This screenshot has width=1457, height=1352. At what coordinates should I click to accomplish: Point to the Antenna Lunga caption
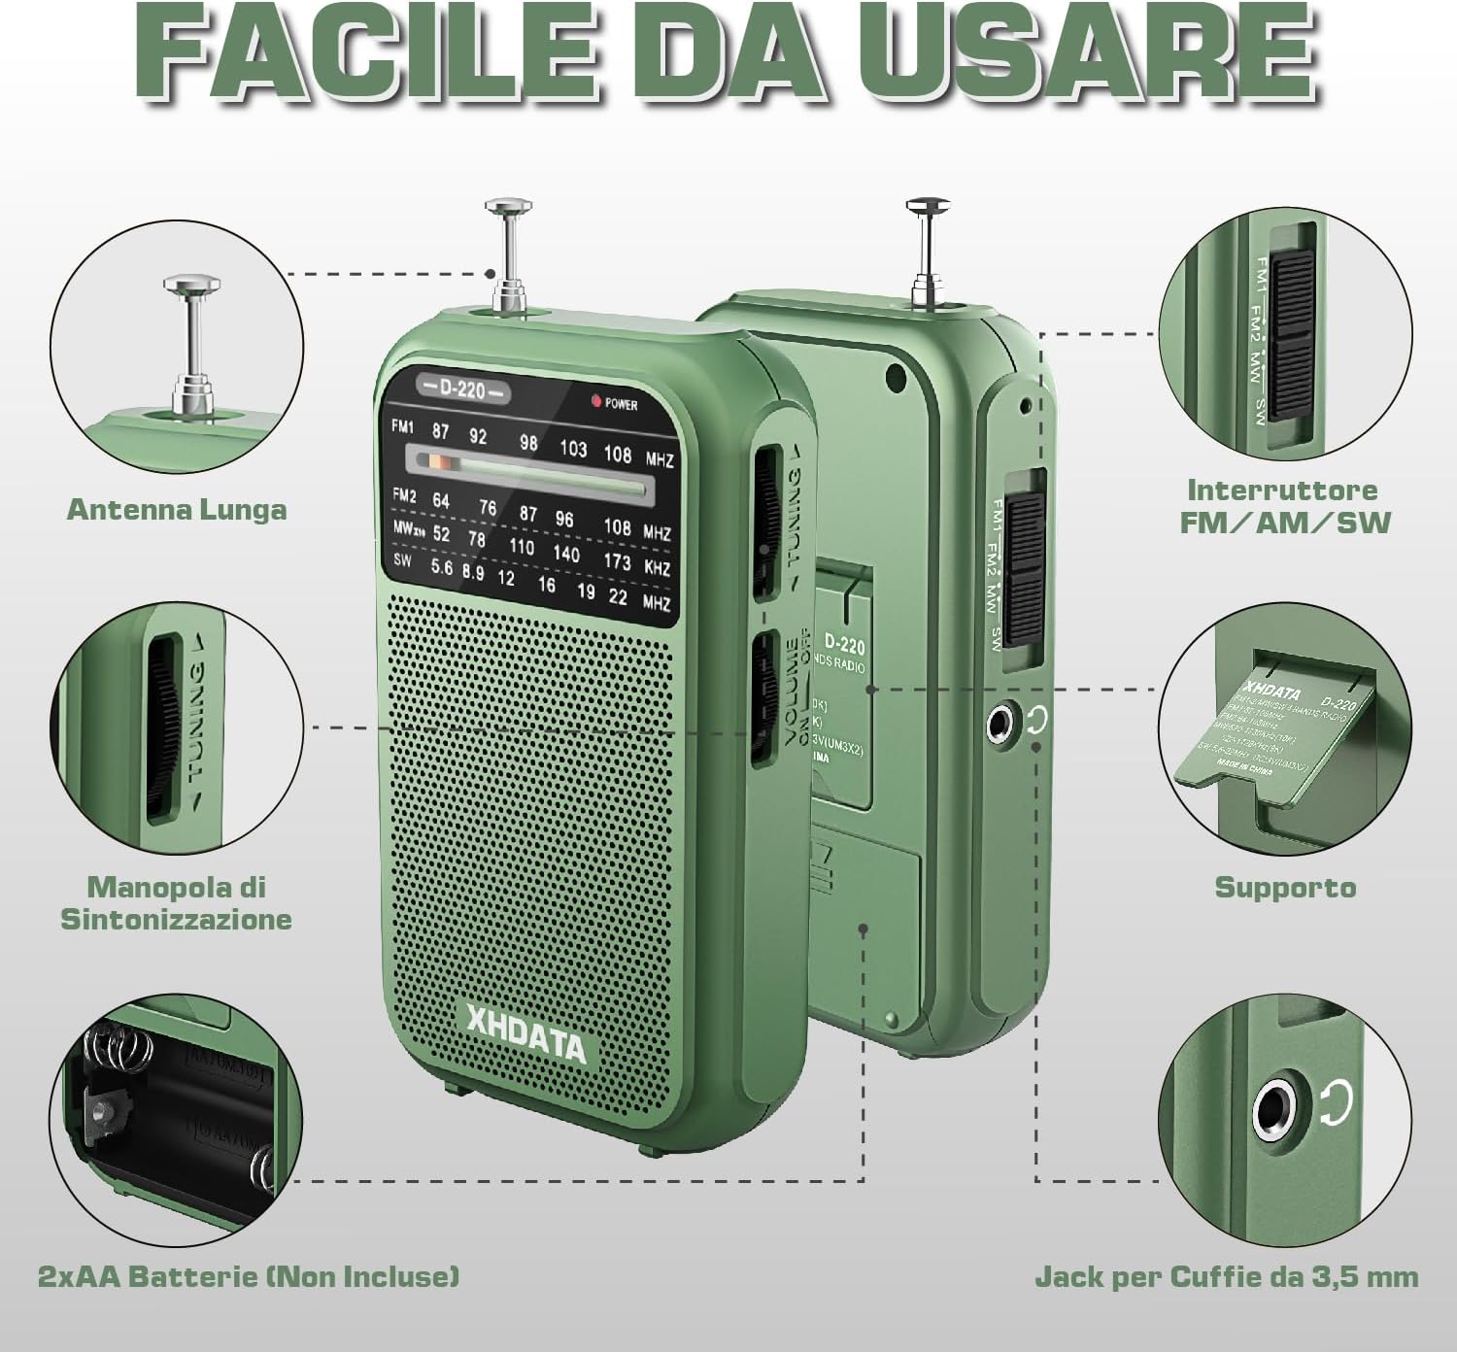pos(177,509)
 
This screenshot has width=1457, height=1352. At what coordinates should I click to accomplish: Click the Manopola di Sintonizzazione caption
pos(177,902)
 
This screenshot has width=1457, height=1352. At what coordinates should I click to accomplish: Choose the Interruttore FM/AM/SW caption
pos(1285,505)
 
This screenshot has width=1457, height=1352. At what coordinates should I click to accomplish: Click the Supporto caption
pos(1285,887)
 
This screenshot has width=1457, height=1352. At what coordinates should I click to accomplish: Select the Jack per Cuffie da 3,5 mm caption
pos(1226,1275)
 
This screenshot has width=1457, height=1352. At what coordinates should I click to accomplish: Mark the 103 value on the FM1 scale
pos(573,448)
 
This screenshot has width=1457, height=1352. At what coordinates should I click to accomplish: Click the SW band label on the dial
pos(401,560)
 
